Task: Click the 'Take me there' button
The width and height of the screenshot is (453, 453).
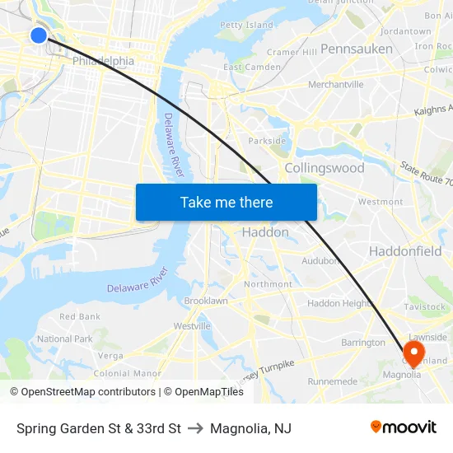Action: coord(226,202)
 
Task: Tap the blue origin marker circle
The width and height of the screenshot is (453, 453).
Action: coord(39,35)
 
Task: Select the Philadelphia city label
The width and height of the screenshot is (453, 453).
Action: coord(103,61)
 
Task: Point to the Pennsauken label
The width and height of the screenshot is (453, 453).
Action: coord(357,49)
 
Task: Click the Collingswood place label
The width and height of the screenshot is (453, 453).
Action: coord(324,168)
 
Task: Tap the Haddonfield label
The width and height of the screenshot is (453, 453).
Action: coord(405,251)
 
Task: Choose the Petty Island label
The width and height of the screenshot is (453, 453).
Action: coord(246,26)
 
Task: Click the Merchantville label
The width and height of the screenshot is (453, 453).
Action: coord(335,84)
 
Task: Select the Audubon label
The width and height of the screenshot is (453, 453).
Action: coord(320,261)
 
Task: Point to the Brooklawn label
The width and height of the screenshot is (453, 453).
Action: coord(206,301)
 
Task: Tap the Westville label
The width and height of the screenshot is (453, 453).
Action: coord(192,326)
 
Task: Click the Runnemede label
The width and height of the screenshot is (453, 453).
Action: coord(332,381)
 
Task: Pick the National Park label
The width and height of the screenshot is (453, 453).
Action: coord(65,339)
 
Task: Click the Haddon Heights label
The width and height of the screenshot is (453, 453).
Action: coord(340,303)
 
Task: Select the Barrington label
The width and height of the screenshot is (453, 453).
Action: coord(363,343)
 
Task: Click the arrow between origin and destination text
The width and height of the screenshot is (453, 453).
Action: coord(195,428)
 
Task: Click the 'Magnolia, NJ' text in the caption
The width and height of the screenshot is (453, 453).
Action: coord(250,428)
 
